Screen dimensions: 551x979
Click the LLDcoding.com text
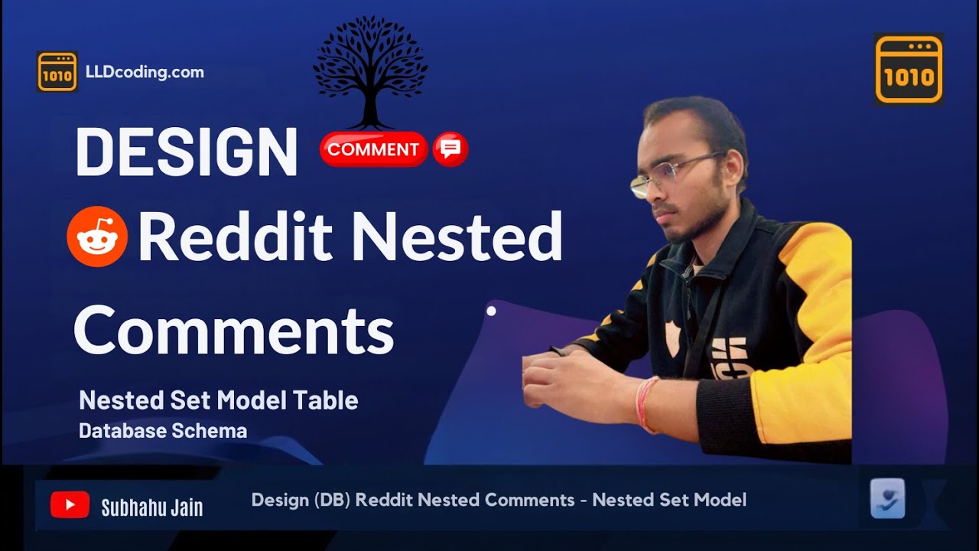pos(145,73)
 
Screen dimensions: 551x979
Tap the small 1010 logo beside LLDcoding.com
pos(57,72)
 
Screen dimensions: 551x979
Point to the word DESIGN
pos(187,152)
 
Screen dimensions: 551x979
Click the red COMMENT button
pos(373,149)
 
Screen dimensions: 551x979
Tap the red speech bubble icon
pos(450,149)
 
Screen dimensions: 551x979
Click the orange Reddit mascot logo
pos(97,236)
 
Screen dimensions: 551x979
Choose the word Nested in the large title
pos(457,236)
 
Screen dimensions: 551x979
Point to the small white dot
pos(491,311)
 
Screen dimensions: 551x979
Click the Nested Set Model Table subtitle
pos(219,399)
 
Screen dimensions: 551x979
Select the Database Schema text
pos(163,431)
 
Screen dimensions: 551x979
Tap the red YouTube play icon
pos(70,505)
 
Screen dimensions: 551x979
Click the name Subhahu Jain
pos(152,506)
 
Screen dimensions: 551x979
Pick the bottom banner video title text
pos(499,500)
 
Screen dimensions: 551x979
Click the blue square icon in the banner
pos(887,499)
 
